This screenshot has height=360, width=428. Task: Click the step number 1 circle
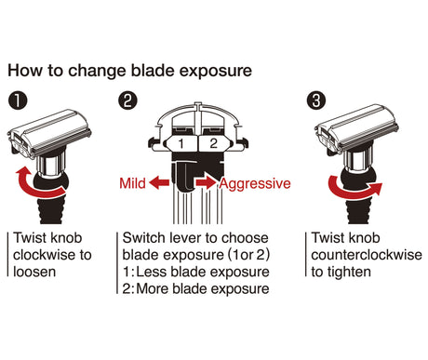pos(18,100)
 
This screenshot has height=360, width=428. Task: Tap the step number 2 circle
pos(127,101)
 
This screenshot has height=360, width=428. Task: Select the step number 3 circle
pos(316,101)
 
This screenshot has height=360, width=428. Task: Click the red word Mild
pos(132,183)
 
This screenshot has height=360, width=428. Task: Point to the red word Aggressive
pos(255,184)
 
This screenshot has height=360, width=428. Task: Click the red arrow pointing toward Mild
pos(159,182)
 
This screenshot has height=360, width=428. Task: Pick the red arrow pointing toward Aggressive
pos(207,182)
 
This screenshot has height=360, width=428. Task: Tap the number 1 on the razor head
pos(181,143)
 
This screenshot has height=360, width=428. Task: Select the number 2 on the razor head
pos(213,143)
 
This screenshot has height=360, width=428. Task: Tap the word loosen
pos(34,272)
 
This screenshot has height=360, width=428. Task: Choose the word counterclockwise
pos(367,255)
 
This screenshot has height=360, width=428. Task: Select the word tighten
pos(349,272)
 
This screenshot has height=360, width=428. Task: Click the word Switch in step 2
pos(143,238)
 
